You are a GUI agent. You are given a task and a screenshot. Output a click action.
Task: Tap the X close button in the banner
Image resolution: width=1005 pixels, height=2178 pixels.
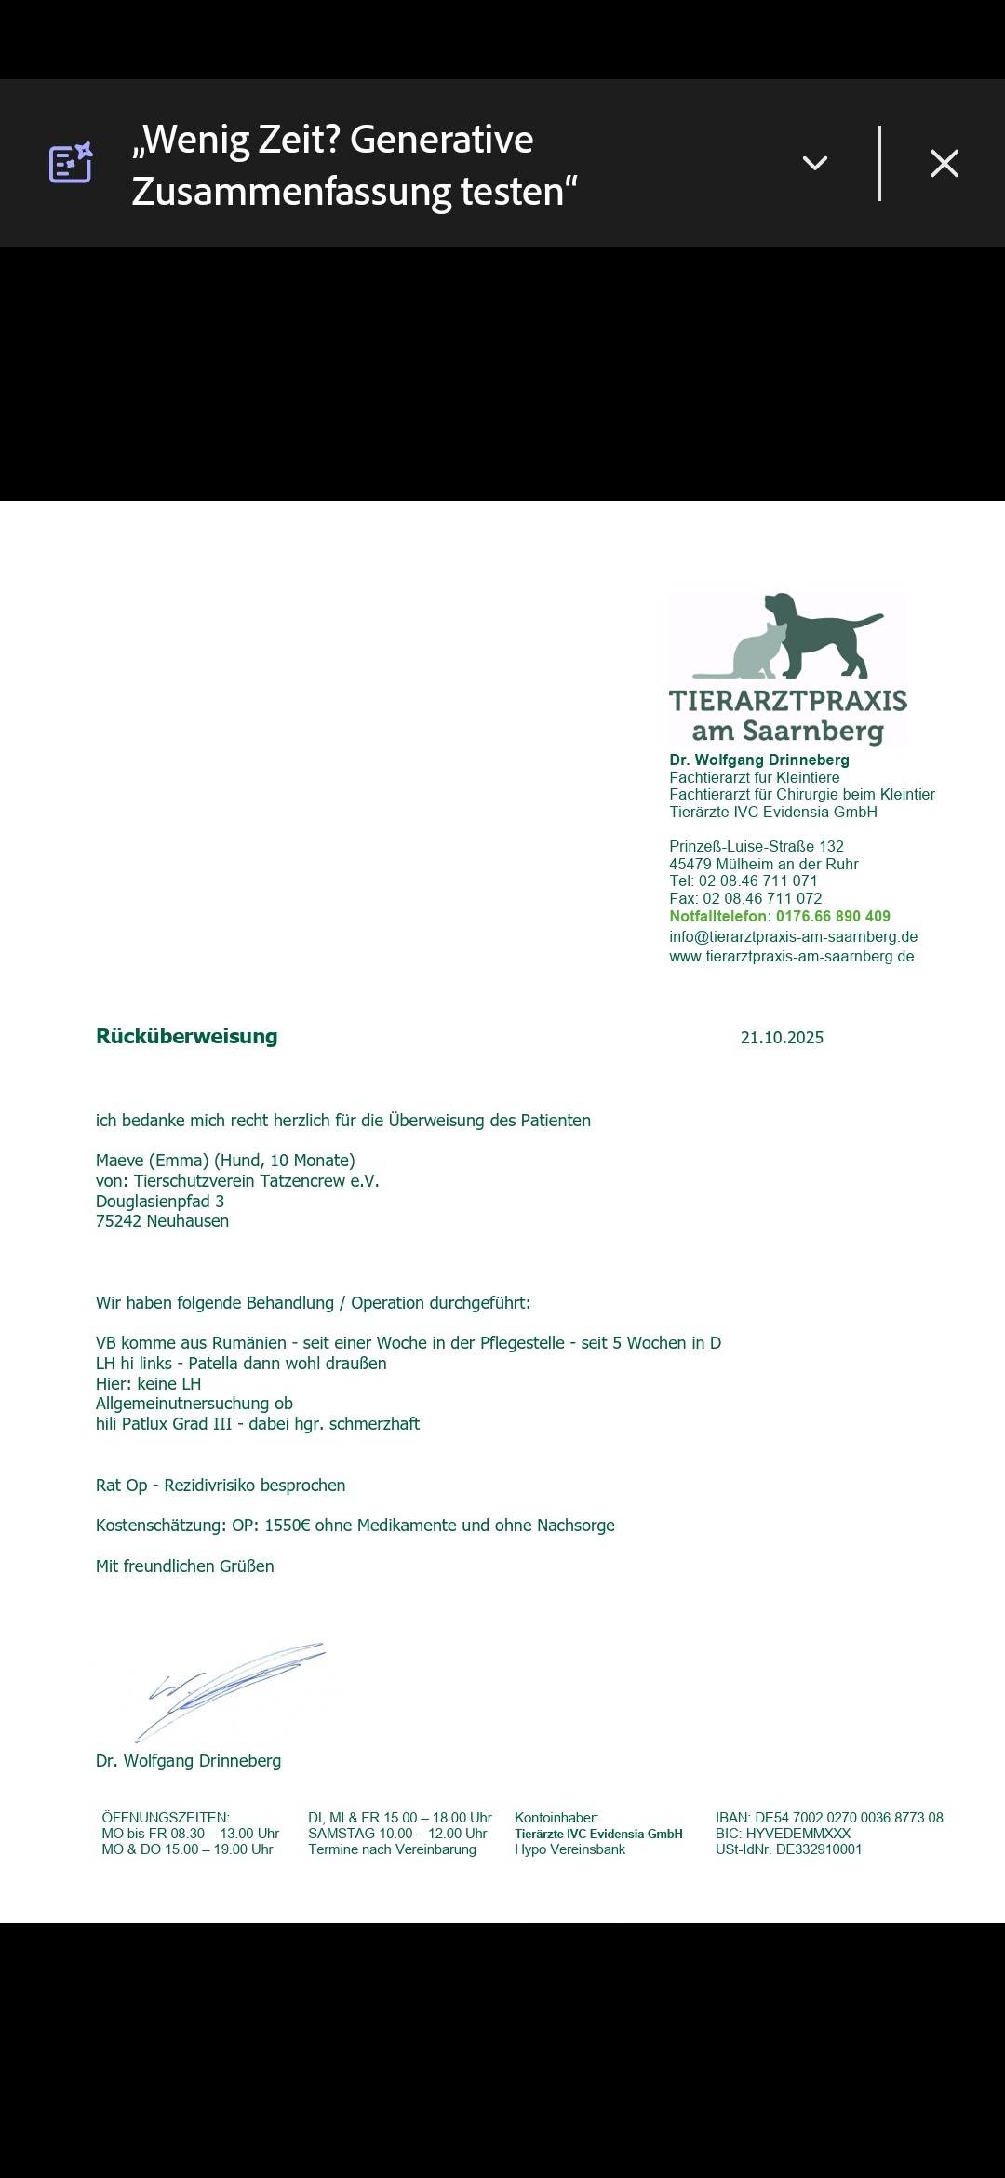coord(944,164)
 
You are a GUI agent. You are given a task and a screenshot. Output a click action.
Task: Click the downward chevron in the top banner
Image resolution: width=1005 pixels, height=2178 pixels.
coord(815,164)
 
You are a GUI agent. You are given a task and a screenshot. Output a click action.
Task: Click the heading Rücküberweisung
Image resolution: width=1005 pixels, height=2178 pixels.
coord(186,1037)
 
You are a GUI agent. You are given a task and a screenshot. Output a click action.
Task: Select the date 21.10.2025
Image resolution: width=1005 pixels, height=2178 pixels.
coord(782,1038)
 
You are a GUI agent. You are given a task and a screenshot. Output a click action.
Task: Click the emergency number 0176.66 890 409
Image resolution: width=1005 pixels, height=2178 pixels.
coord(833,917)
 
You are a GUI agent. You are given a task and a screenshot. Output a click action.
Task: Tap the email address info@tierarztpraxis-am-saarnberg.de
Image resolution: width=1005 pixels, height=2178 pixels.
coord(793,937)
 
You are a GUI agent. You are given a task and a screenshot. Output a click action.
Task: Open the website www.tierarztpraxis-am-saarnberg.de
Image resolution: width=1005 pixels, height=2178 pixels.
coord(791,957)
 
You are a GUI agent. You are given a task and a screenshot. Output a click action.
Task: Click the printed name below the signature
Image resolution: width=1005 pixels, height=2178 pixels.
coord(188,1761)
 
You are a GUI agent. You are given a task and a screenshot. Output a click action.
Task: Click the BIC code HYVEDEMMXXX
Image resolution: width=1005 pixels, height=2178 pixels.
coord(798,1834)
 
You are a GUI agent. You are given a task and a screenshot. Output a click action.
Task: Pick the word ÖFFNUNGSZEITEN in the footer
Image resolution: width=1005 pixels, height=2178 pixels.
coord(165,1818)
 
